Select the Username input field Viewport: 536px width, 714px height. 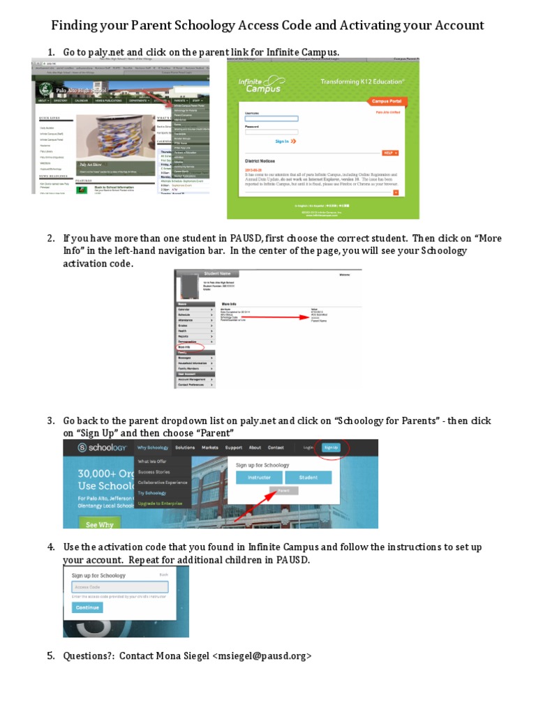coord(271,119)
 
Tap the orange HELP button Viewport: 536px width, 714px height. coord(389,152)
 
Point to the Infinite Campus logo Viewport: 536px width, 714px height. coord(261,84)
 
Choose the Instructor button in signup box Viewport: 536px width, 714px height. coord(259,478)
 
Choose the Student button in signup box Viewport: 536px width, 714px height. coord(308,478)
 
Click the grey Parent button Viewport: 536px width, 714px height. coord(283,491)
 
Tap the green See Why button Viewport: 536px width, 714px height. coord(100,524)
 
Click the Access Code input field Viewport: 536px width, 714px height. coord(120,587)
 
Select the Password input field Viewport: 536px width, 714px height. coord(271,132)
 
